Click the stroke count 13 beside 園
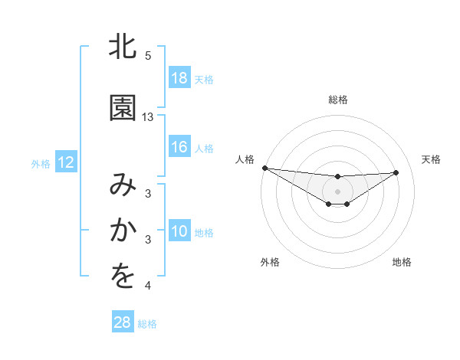tap(148, 117)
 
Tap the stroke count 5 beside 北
tap(148, 56)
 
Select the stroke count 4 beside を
tap(148, 286)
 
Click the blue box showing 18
tap(179, 78)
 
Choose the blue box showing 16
tap(179, 147)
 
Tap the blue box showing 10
tap(179, 231)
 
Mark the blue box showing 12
tap(65, 162)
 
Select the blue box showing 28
tap(123, 323)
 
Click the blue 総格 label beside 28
tap(147, 324)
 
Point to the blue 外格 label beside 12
tap(41, 163)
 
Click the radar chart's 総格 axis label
tap(338, 100)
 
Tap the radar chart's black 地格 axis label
tap(402, 262)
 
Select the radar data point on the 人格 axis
tap(264, 168)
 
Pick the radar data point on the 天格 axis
tap(396, 172)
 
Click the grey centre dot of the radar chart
tap(338, 191)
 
